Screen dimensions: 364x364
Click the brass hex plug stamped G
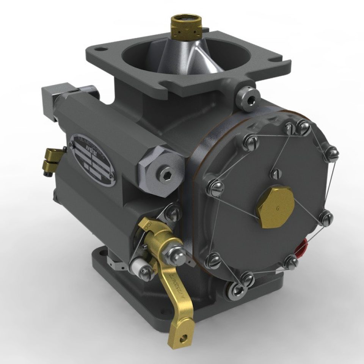pyautogui.click(x=276, y=207)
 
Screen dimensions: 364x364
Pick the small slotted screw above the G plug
pyautogui.click(x=276, y=173)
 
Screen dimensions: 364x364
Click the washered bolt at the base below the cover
pyautogui.click(x=237, y=290)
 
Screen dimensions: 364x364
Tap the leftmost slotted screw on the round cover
pyautogui.click(x=215, y=188)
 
